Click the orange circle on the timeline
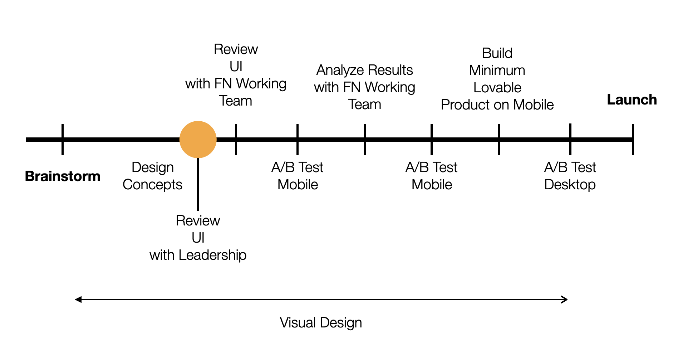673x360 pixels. pos(198,140)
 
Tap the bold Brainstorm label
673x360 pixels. pos(63,176)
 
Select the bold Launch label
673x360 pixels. pos(632,100)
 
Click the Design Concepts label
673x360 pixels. pos(152,176)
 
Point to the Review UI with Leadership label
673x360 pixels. pos(198,238)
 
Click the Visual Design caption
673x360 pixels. pos(321,323)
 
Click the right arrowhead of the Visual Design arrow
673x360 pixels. pos(565,300)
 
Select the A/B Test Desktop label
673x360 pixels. pos(570,176)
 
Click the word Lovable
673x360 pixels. pos(497,88)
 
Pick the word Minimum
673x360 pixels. pos(497,70)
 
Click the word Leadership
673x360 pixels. pos(212,255)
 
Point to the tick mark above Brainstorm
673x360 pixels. pos(63,140)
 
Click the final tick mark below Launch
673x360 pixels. pos(633,140)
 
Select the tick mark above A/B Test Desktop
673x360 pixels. pos(570,140)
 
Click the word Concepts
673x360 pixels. pos(152,185)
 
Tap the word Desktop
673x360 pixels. pos(570,185)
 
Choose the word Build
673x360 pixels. pos(497,53)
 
